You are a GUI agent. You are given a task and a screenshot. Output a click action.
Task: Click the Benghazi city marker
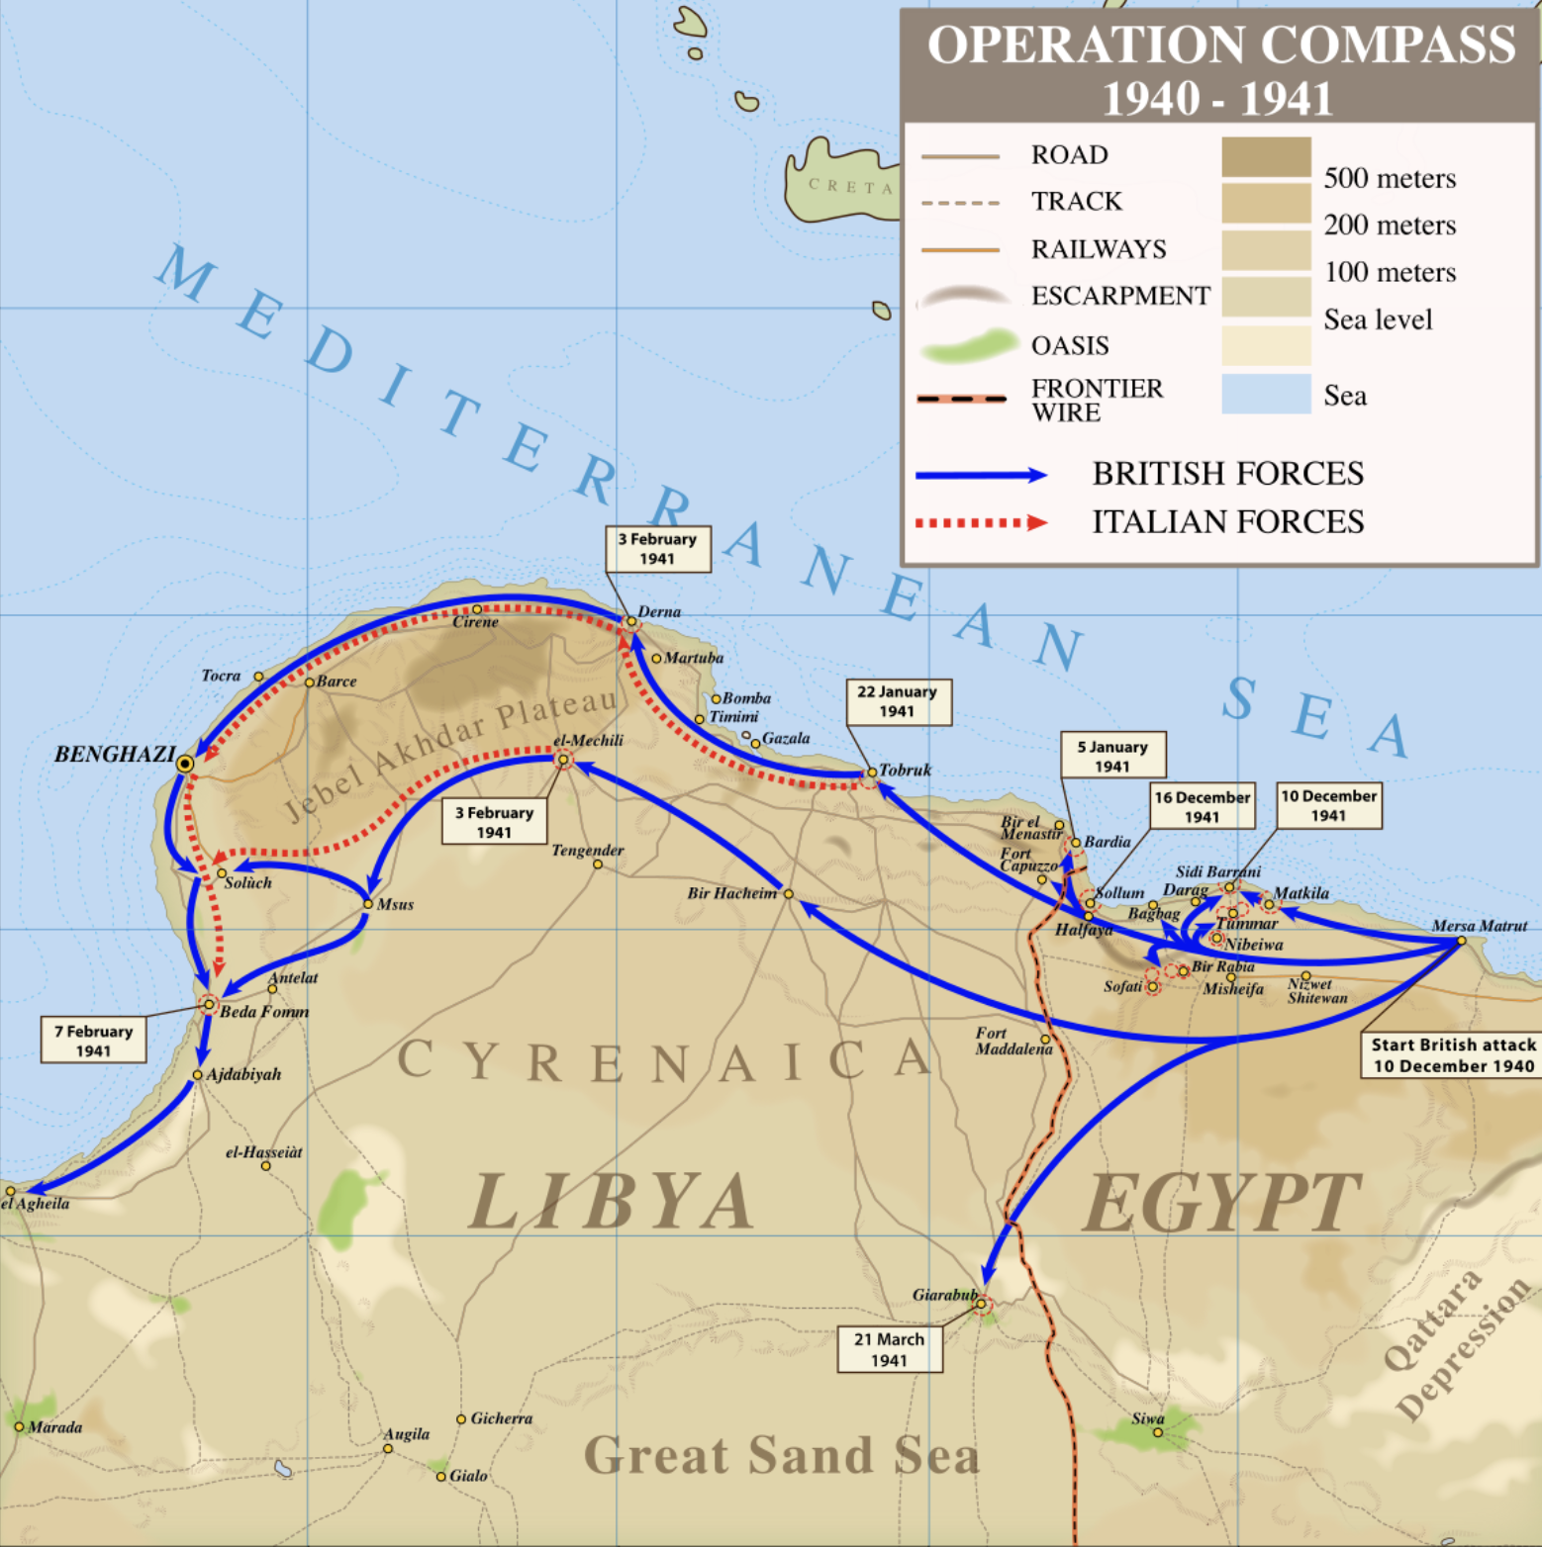coord(185,764)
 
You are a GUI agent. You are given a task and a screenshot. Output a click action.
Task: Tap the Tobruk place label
coord(905,770)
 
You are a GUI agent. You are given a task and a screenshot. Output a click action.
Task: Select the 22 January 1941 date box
coord(898,701)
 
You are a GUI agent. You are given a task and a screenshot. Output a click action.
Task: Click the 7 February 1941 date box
coord(93,1041)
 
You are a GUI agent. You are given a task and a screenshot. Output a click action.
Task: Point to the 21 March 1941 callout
coord(889,1349)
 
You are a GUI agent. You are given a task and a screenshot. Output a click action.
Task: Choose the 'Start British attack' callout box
coord(1452,1054)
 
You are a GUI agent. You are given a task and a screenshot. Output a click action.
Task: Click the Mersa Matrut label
coord(1479,926)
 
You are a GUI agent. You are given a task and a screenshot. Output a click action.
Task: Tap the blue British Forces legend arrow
coord(980,476)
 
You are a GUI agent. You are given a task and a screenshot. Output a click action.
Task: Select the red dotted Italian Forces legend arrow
coord(980,523)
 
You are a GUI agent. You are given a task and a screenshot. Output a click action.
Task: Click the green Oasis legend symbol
coord(968,346)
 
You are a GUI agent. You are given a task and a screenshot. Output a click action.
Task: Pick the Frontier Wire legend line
coord(961,399)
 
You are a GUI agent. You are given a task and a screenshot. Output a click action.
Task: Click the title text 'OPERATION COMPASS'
coord(1220,45)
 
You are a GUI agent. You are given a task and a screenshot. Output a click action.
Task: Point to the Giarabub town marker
coord(981,1304)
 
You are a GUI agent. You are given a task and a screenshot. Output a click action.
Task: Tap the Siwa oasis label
coord(1147,1418)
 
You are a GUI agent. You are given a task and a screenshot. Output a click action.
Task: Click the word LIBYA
coord(611,1201)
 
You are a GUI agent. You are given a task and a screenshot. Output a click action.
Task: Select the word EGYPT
coord(1222,1202)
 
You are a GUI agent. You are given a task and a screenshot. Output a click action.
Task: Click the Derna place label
coord(659,612)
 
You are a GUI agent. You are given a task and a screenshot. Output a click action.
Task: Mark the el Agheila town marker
coord(10,1191)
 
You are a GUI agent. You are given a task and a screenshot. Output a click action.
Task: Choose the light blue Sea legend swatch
coord(1266,394)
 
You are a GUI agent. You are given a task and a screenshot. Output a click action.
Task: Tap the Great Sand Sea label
coord(781,1455)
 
